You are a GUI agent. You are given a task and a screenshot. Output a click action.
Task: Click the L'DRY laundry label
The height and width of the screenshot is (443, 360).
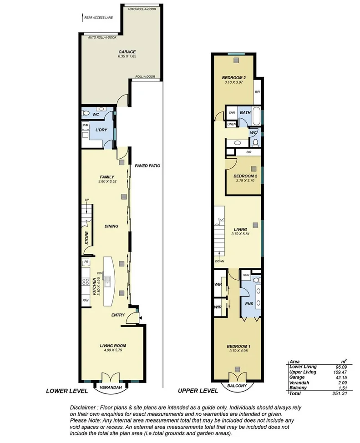101,131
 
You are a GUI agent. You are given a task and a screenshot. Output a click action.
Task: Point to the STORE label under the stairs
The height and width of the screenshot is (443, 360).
86,238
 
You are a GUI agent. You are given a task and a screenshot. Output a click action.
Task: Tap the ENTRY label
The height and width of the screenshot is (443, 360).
117,315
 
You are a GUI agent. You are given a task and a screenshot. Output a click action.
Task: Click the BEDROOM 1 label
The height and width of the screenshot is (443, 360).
238,346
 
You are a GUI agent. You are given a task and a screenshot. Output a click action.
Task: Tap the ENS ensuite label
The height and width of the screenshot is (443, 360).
248,303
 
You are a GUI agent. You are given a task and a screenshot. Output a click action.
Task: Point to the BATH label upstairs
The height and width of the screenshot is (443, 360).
245,112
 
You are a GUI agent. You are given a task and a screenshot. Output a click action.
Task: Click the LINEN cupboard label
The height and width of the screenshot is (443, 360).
232,124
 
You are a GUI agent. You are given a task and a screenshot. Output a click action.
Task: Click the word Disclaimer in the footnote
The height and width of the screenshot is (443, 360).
83,408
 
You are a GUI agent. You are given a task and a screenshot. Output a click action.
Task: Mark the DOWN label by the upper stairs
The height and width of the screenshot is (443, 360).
220,261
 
